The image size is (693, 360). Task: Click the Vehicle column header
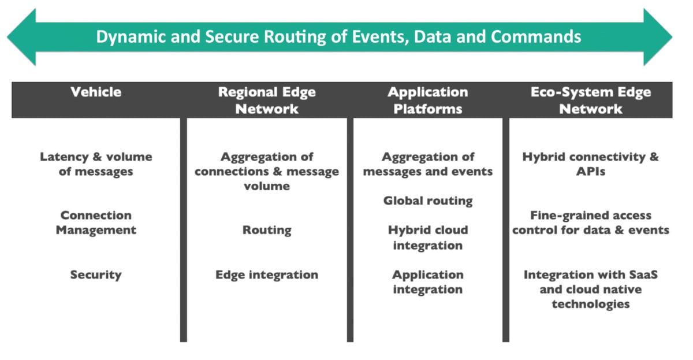coord(96,92)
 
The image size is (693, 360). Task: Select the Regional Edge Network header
coord(266,101)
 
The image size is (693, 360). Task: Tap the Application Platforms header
coord(427,101)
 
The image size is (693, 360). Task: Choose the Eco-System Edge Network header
coord(590,101)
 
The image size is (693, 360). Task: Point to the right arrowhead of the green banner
coord(658,37)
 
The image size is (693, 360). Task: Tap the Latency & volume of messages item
coord(96,164)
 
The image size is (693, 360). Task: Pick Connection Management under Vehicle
coord(96,222)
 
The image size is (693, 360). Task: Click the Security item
coord(96,275)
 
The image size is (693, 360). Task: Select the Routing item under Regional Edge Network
coord(266,230)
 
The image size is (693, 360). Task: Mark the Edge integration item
coord(266,275)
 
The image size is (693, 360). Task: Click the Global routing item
coord(427,201)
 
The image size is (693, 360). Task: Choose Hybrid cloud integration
coord(427,237)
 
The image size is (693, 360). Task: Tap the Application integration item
coord(427,282)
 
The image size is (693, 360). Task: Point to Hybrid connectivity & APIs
coord(590,164)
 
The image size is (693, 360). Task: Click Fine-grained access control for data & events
coord(590,222)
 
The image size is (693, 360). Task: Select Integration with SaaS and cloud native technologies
coord(590,289)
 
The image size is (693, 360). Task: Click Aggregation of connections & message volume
coord(266,171)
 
